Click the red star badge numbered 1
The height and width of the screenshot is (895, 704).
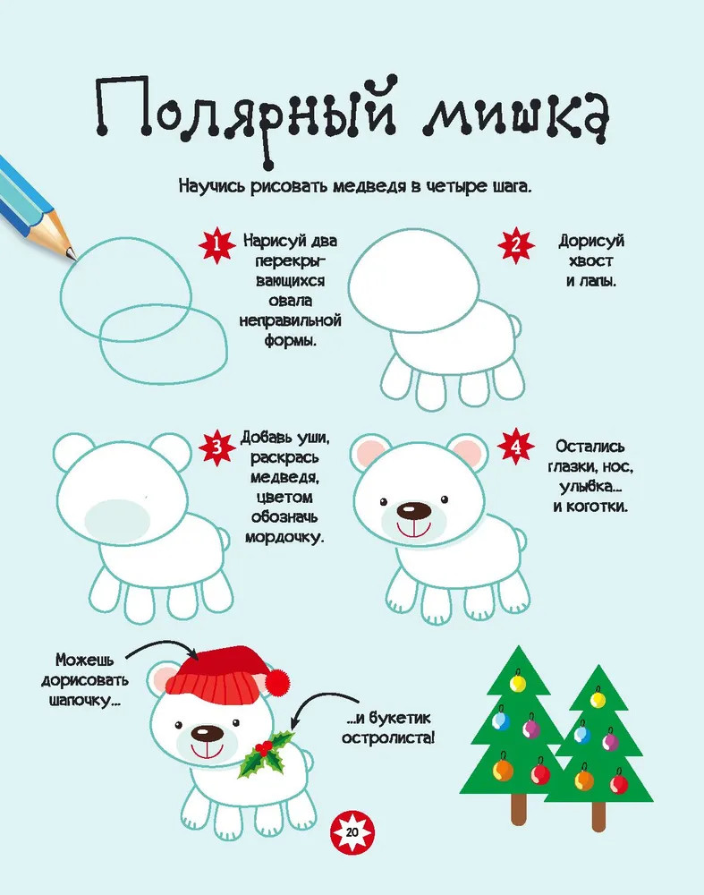(x=216, y=245)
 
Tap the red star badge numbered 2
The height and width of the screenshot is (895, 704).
(x=516, y=245)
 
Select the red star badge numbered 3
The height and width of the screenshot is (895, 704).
(x=216, y=447)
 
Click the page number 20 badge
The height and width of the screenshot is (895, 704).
(x=352, y=831)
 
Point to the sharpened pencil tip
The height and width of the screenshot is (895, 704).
(x=72, y=254)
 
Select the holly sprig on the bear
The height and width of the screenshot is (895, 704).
(x=264, y=754)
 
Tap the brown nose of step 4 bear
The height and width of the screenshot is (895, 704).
(x=413, y=510)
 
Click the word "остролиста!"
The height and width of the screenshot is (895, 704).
(x=388, y=737)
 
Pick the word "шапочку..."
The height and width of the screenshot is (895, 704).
(x=84, y=701)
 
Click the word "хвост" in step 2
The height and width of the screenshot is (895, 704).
(x=591, y=260)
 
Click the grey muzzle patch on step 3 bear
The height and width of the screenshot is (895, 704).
(x=118, y=518)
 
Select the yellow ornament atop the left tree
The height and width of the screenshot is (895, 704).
(x=517, y=683)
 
